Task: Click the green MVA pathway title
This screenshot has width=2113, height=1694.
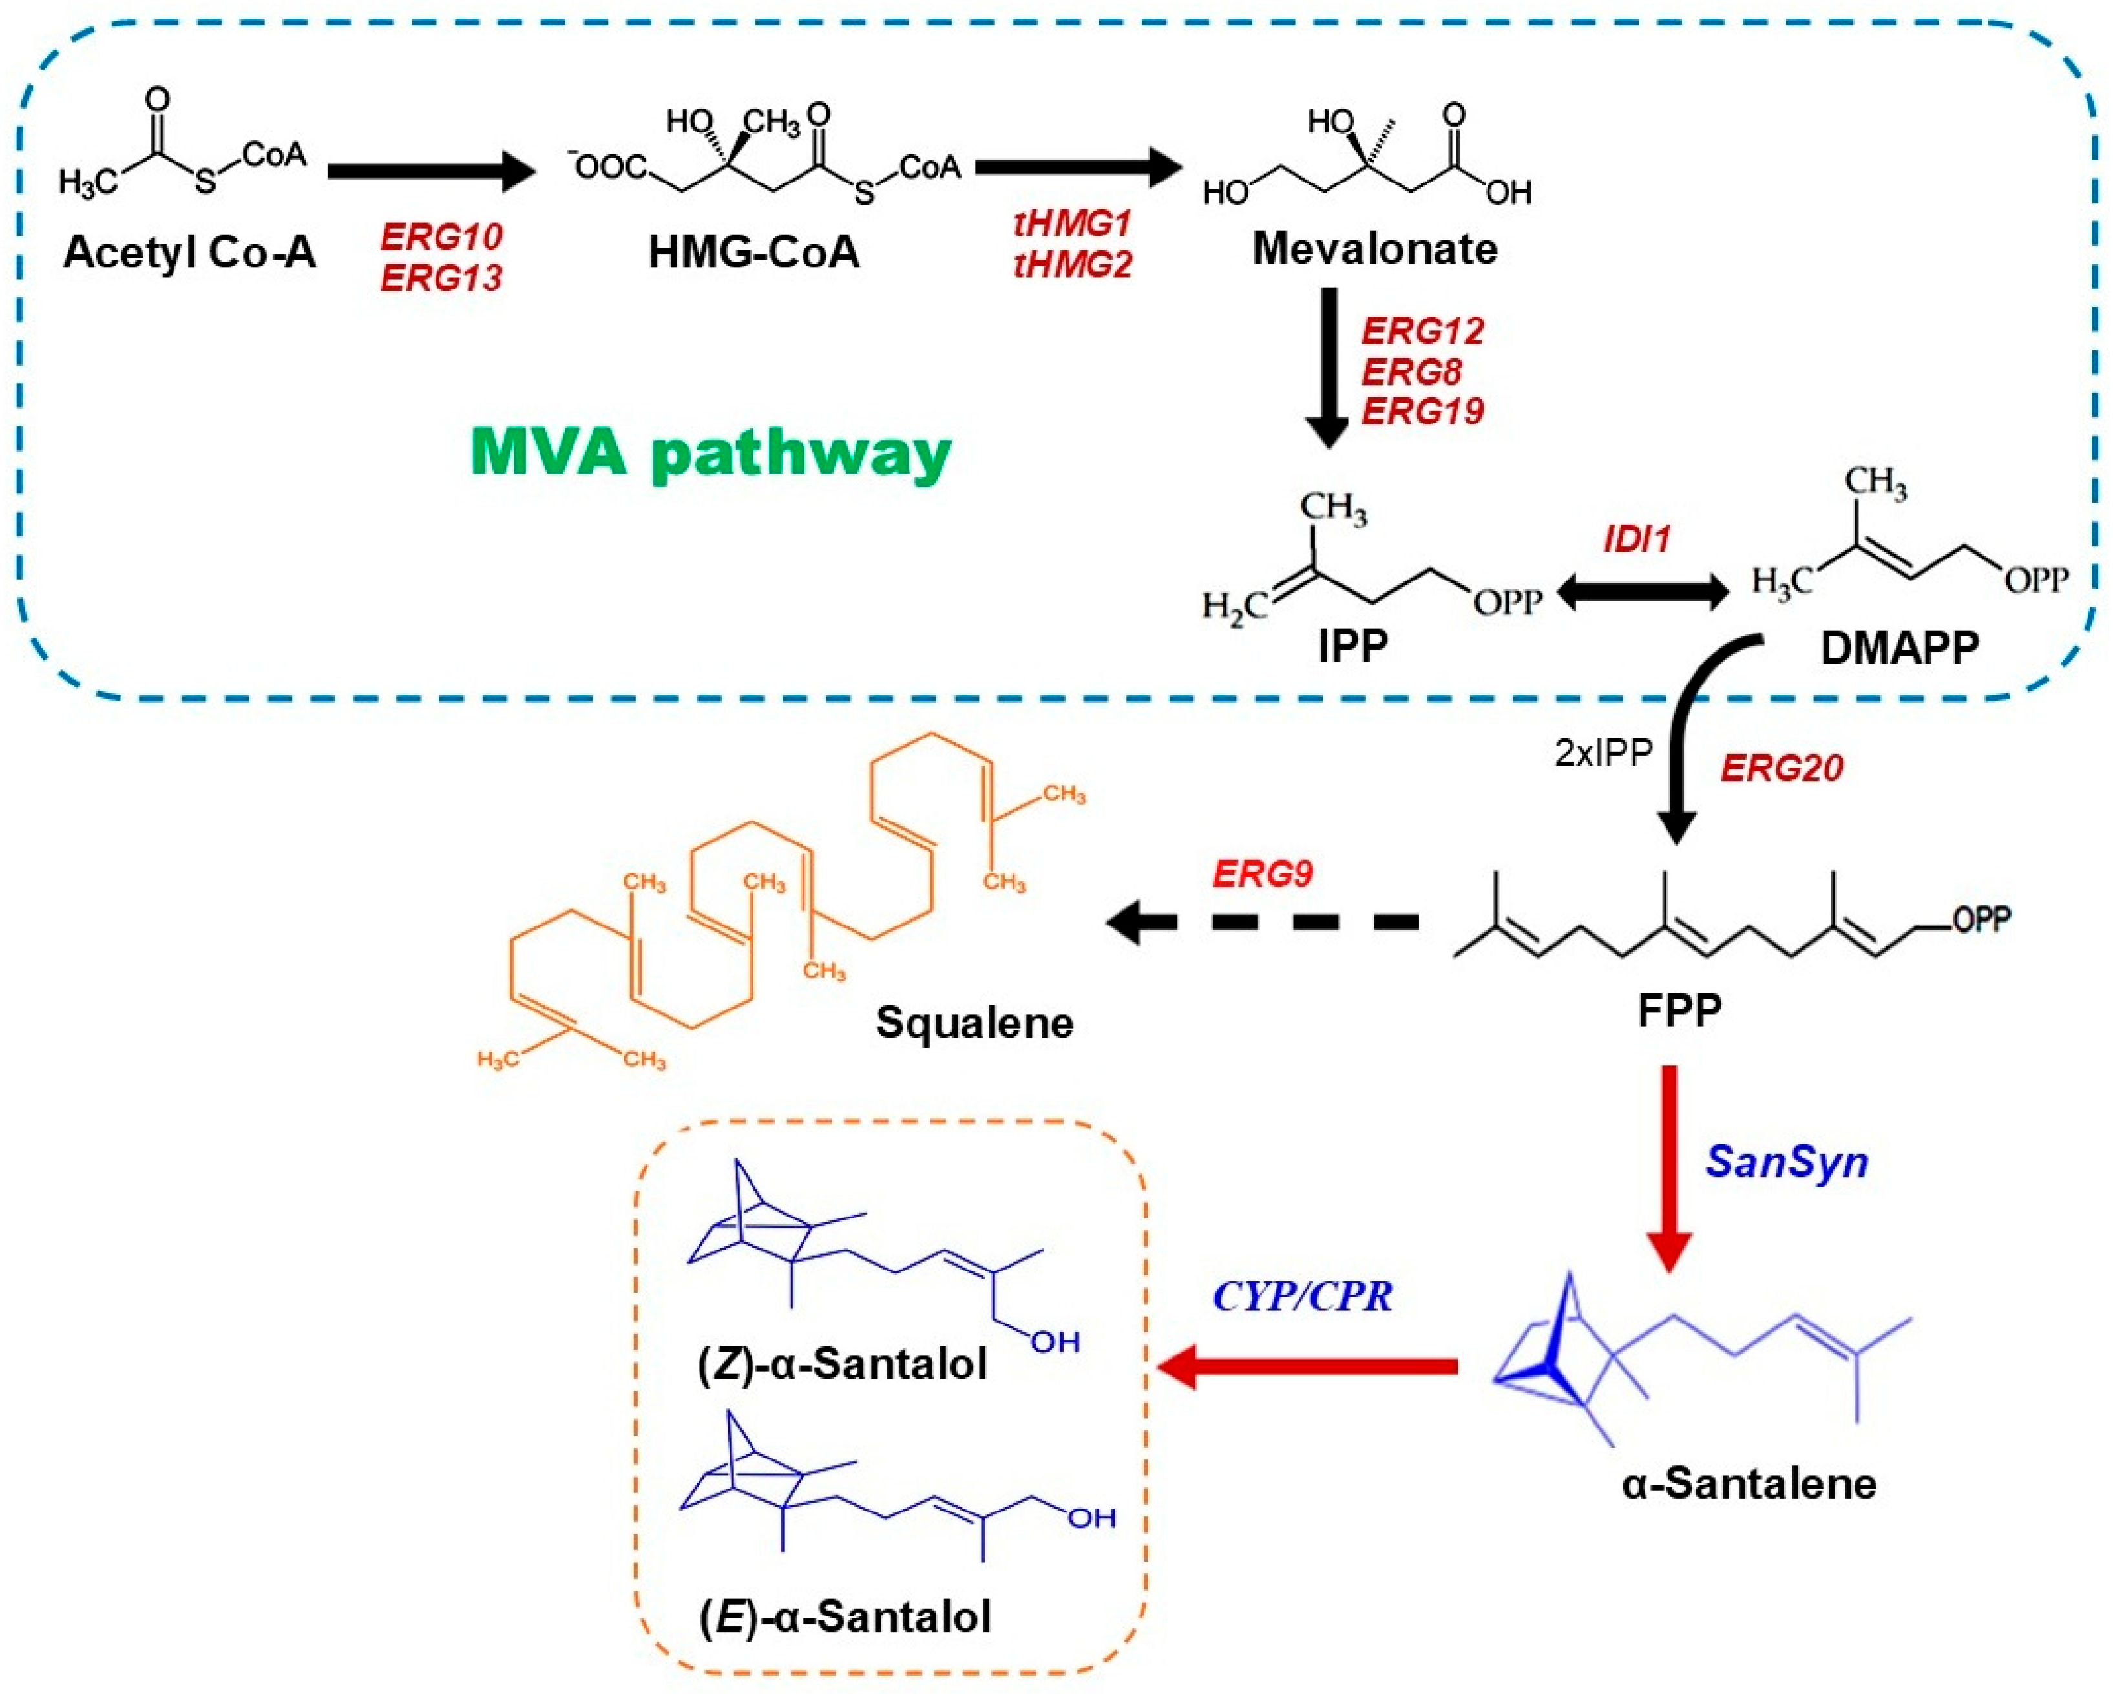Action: pyautogui.click(x=711, y=453)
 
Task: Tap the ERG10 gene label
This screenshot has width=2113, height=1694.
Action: pyautogui.click(x=441, y=236)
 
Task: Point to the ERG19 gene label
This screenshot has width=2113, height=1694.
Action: pyautogui.click(x=1422, y=410)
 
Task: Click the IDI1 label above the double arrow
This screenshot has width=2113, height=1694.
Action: pyautogui.click(x=1637, y=539)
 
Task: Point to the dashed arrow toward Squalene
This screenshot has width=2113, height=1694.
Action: pyautogui.click(x=1265, y=922)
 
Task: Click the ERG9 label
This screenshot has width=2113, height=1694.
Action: pyautogui.click(x=1263, y=873)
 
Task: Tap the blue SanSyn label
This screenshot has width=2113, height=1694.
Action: pyautogui.click(x=1787, y=1162)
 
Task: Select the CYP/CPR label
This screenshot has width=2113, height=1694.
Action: pyautogui.click(x=1303, y=1296)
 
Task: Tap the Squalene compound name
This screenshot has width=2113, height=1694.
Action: pyautogui.click(x=974, y=1023)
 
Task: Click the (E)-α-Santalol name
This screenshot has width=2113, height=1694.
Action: pyautogui.click(x=845, y=1616)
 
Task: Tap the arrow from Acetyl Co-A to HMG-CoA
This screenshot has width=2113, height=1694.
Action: pyautogui.click(x=431, y=171)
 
